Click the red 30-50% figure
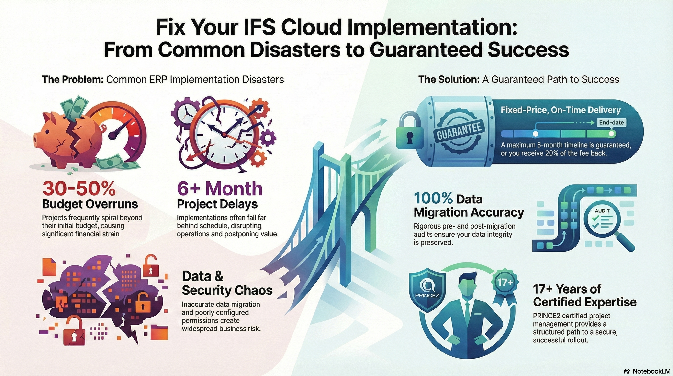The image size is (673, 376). click(79, 188)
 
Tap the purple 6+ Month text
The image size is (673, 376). click(219, 188)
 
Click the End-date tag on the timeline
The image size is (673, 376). click(611, 123)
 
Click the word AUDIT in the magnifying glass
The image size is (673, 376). click(602, 211)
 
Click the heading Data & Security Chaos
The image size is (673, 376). click(227, 283)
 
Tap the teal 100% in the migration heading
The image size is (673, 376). click(433, 199)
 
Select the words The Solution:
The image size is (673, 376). click(449, 80)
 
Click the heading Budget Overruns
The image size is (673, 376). click(90, 204)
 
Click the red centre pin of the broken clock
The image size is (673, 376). click(224, 135)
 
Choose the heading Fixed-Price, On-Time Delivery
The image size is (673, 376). click(561, 110)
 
